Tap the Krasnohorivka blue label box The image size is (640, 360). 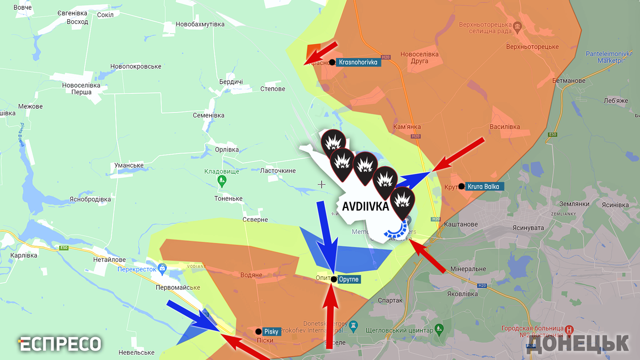[358, 62]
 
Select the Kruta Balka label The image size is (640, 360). [485, 187]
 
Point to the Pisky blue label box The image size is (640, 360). [271, 331]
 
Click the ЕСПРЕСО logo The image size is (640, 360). [60, 344]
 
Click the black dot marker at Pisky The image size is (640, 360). [258, 331]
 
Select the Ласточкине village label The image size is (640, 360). [277, 171]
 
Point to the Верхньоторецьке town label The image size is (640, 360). [532, 46]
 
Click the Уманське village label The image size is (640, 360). [129, 165]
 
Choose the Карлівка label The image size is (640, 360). [23, 255]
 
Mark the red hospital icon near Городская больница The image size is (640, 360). [569, 330]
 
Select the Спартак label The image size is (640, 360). [390, 300]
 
